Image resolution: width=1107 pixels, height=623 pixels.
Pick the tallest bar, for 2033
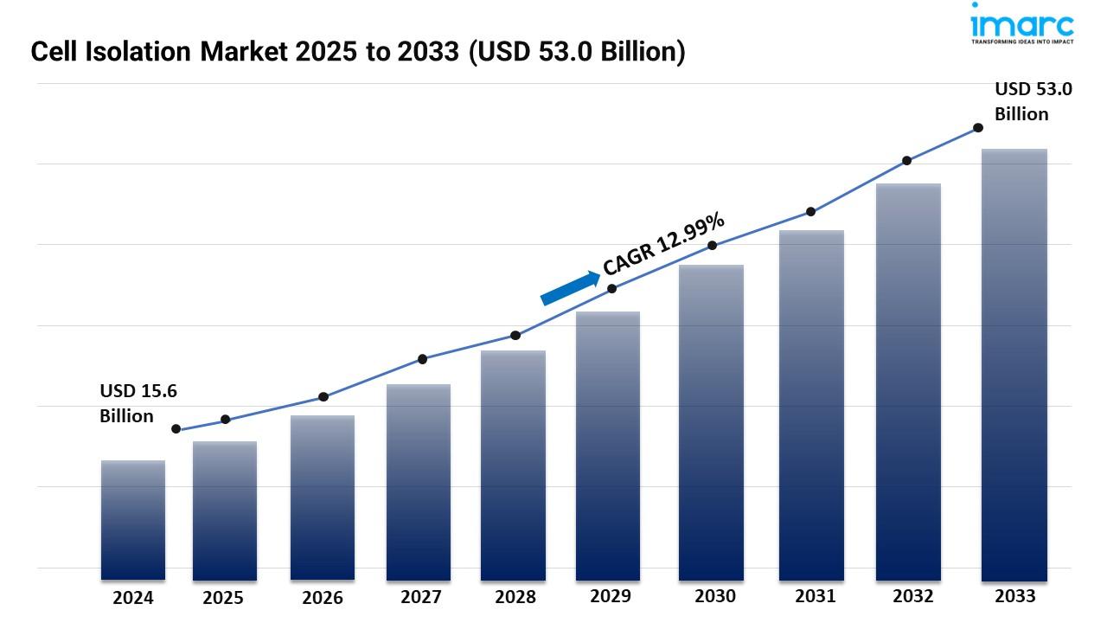(1014, 364)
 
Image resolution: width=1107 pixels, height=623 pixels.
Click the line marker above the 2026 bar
(323, 396)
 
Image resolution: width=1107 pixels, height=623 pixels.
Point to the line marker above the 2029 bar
(612, 288)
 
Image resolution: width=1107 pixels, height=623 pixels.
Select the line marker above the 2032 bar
(906, 160)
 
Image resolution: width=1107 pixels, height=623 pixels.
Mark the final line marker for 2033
(978, 127)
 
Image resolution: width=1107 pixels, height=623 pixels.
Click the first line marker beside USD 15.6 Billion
(176, 429)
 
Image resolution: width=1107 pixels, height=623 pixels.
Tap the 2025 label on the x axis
(223, 598)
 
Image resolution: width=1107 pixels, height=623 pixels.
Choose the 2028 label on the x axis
(515, 597)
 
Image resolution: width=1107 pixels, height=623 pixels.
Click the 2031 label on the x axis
(816, 596)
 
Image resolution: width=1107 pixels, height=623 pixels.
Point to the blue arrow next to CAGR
(570, 288)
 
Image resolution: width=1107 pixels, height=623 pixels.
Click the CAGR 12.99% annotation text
(664, 244)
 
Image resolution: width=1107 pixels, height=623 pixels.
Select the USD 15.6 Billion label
(138, 403)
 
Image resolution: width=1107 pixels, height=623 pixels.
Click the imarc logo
(1021, 24)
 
